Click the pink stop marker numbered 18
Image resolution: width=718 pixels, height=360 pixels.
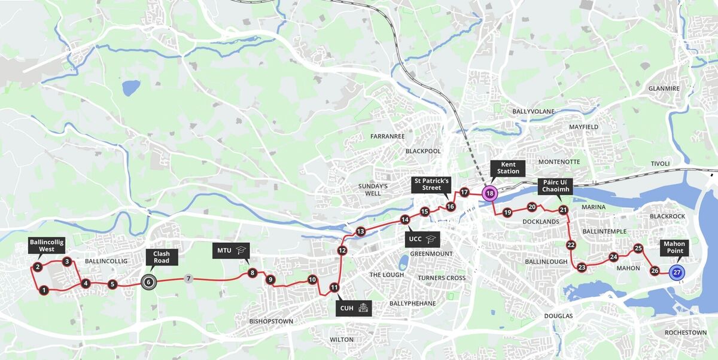[489, 193]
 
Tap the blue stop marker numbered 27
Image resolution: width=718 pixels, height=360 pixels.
[676, 273]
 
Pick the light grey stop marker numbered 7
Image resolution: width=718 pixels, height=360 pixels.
[188, 279]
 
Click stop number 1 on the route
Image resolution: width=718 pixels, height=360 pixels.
[44, 291]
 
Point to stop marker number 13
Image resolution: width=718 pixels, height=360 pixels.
[360, 231]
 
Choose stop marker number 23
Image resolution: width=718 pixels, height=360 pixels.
[582, 267]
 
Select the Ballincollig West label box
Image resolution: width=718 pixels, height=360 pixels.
[46, 246]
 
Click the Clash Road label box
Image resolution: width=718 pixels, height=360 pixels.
[161, 257]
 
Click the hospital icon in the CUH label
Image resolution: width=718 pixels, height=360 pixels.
[363, 309]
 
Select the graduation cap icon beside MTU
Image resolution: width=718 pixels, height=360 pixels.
[241, 251]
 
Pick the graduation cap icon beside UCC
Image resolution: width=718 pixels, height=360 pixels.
[430, 239]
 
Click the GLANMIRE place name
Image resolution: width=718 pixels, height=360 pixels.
[664, 89]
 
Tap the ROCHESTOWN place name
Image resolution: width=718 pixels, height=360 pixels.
[685, 332]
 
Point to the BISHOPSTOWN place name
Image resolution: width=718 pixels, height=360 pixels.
[271, 321]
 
